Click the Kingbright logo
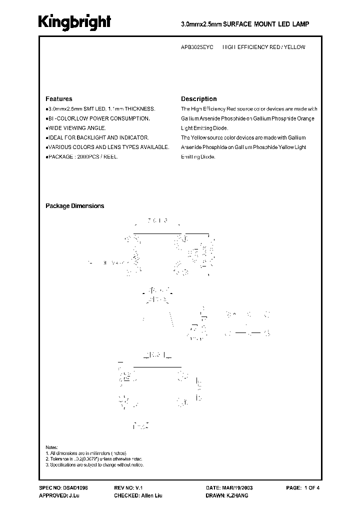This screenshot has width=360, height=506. tap(75, 22)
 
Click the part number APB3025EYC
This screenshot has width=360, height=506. tap(197, 47)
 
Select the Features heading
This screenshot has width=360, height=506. tap(59, 99)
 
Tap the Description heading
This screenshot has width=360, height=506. tap(198, 99)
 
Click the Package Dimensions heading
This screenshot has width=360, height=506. tap(75, 206)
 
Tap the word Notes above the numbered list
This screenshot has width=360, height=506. tap(51, 447)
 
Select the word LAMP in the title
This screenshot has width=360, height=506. tap(301, 23)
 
